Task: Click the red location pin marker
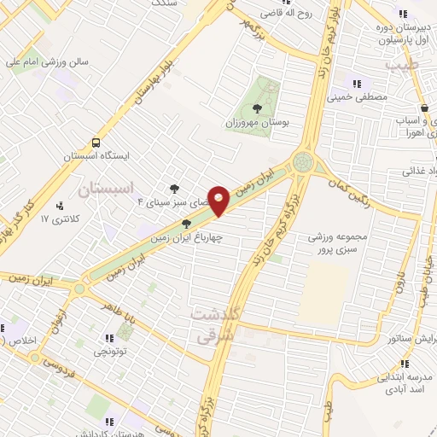[219, 200]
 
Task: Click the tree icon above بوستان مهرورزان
[258, 108]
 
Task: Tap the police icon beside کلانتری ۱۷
[59, 206]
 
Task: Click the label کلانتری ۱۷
[60, 219]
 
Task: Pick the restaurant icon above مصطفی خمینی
[357, 84]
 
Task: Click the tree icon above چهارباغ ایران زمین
[186, 224]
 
